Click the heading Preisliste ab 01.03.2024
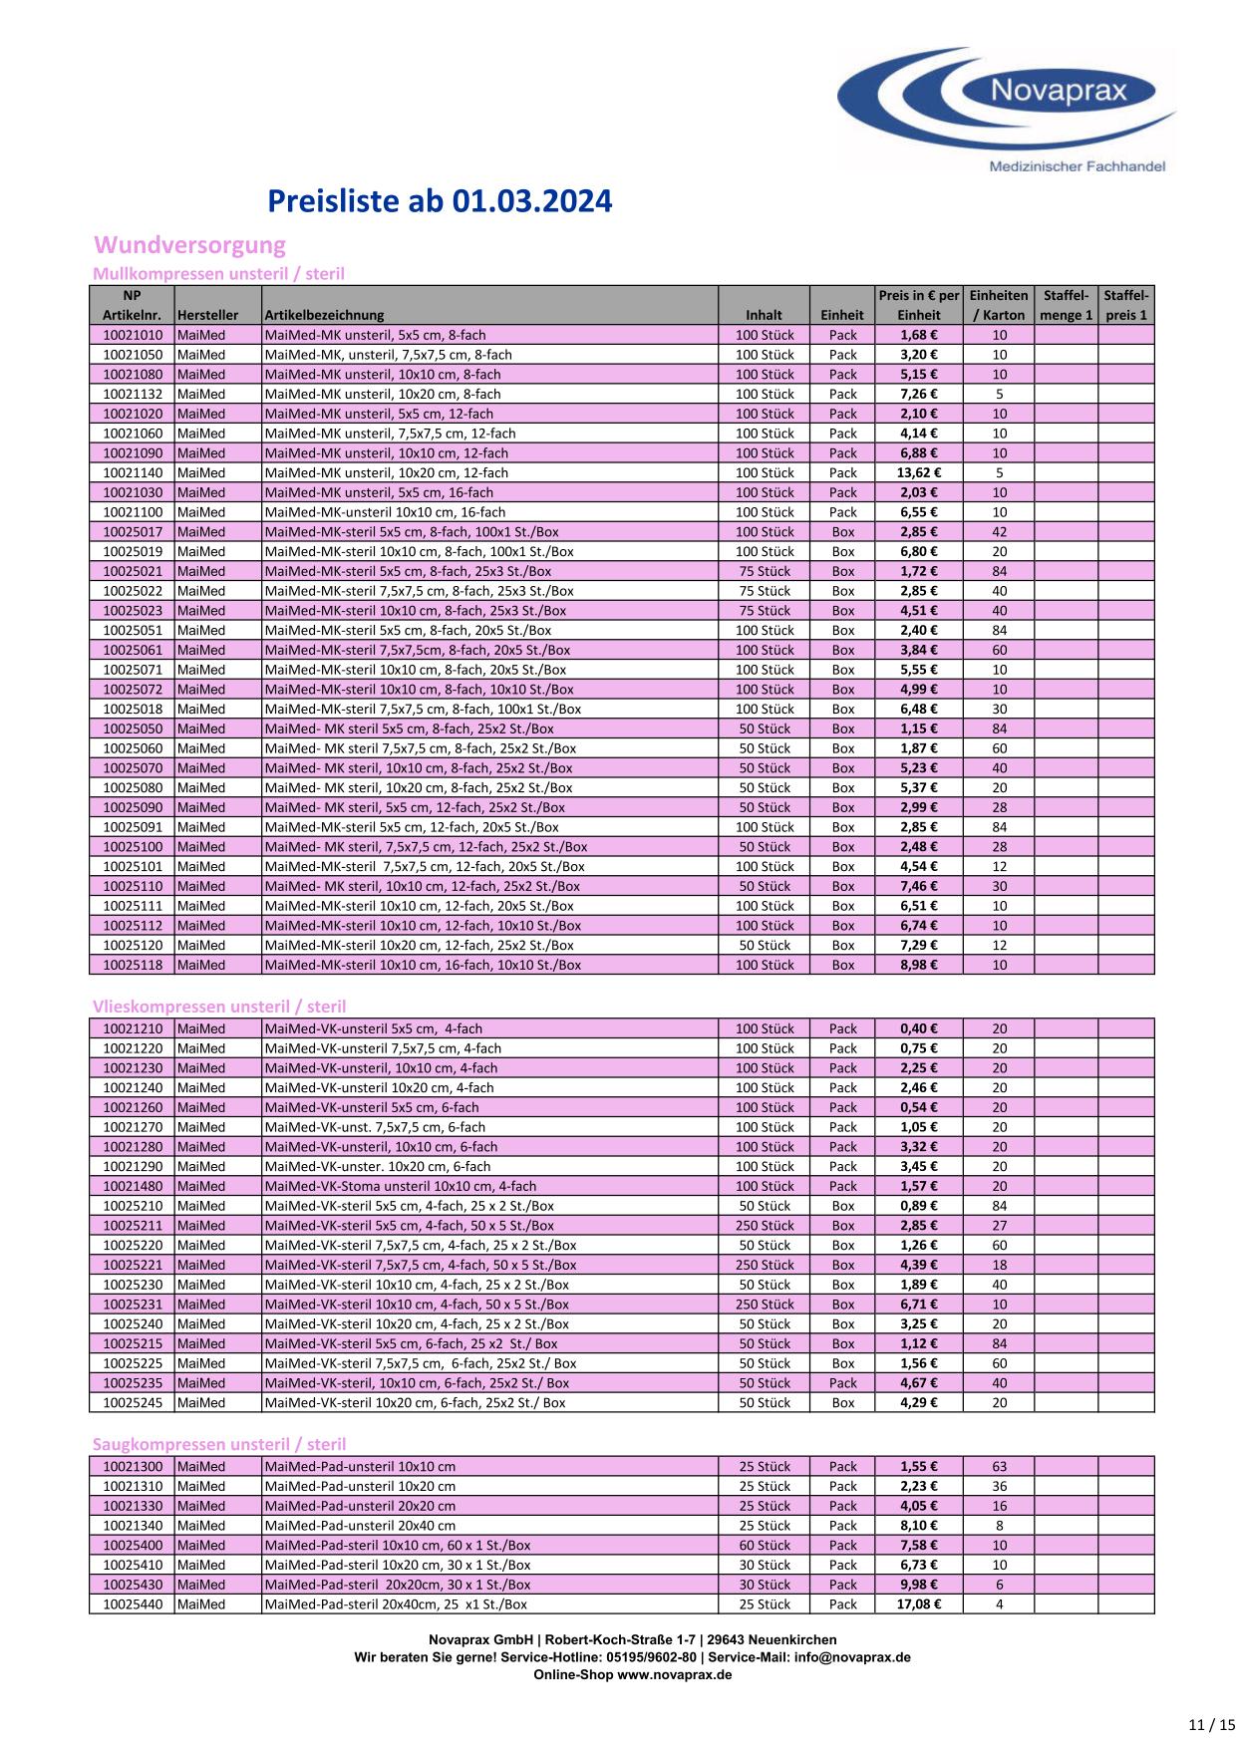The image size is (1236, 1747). (440, 202)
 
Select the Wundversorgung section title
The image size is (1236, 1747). (189, 245)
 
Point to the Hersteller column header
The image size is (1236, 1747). (207, 315)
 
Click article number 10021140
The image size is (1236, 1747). (132, 473)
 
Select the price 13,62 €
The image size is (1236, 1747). (919, 473)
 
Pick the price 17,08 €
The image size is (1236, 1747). (919, 1604)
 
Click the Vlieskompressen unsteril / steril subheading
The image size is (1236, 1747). (219, 1007)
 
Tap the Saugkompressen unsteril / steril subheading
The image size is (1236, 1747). (219, 1444)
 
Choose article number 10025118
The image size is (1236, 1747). (132, 965)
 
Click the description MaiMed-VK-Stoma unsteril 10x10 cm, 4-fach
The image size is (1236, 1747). (401, 1186)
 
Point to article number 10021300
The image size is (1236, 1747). (132, 1467)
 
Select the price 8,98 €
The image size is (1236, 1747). (919, 965)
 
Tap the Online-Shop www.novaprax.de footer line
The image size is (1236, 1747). (632, 1675)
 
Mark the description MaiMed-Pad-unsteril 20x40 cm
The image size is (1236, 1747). (361, 1526)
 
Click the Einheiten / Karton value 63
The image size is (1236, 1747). (999, 1467)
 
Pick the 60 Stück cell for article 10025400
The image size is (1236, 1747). (765, 1546)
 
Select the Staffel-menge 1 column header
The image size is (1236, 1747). (1066, 305)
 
